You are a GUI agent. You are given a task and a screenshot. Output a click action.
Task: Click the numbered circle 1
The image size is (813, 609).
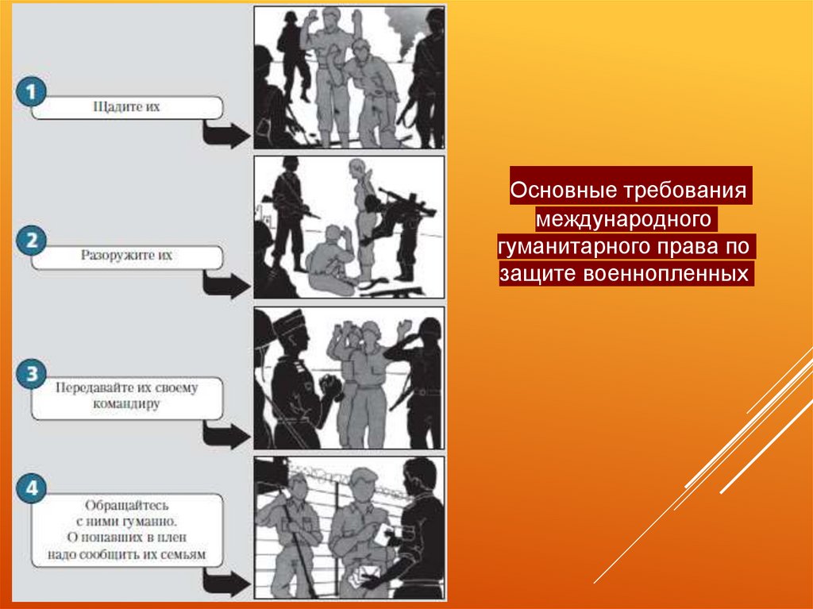(31, 92)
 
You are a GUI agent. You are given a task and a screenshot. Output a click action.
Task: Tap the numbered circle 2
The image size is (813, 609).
(31, 241)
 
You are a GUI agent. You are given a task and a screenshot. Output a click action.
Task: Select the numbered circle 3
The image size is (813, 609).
(31, 374)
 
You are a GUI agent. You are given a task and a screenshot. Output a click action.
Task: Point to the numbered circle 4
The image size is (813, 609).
(31, 488)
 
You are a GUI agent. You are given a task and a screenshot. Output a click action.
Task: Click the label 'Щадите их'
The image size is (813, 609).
(126, 107)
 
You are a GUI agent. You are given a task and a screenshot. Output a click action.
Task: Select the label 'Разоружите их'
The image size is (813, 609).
(126, 255)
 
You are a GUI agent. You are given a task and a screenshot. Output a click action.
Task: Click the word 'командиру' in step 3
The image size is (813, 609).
(126, 404)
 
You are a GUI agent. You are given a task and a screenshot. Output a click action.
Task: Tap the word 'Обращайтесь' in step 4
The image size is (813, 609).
(127, 505)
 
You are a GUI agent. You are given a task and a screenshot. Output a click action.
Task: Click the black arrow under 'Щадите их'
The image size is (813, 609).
(225, 134)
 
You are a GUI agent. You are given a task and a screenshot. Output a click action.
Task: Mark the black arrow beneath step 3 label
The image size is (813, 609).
(225, 434)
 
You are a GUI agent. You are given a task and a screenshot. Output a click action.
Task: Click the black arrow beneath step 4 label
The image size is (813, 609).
(225, 583)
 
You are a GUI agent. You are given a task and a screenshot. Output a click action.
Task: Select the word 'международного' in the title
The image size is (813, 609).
(623, 218)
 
